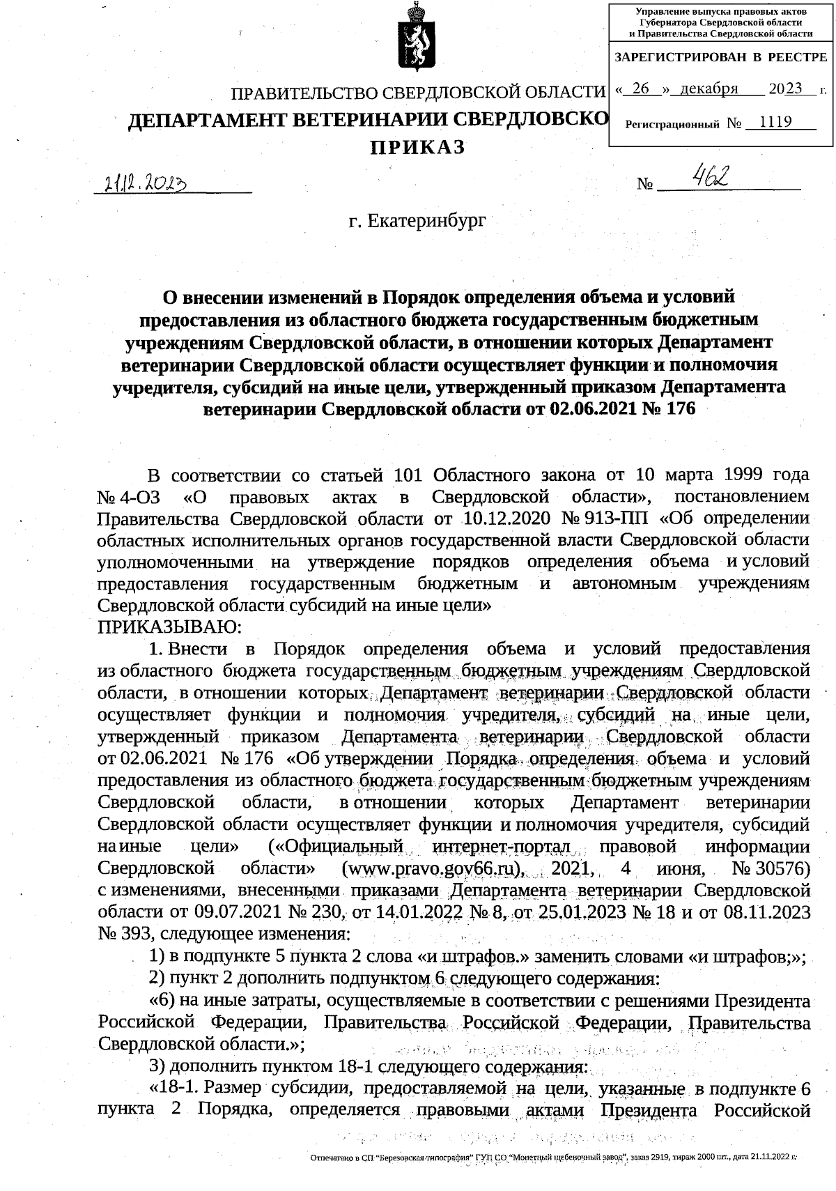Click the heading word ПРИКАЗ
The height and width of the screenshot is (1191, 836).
point(416,148)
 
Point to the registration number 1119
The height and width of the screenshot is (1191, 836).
point(775,123)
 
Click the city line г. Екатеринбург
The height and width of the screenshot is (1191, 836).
point(417,222)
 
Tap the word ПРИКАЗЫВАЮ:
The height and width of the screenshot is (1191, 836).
point(169,626)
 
